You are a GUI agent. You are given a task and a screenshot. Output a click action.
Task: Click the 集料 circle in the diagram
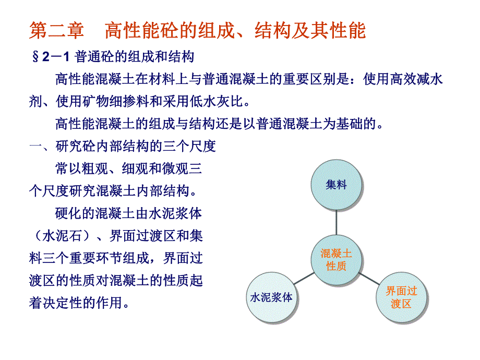pos(337,185)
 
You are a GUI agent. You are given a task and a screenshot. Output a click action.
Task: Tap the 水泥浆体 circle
pos(271,298)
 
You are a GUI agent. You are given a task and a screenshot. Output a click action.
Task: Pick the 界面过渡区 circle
pos(401,298)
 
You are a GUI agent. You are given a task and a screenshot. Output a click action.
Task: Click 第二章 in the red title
pos(56,31)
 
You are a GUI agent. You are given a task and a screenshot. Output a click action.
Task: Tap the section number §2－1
pos(52,57)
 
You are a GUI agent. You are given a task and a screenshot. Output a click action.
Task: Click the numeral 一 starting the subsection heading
pos(35,146)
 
